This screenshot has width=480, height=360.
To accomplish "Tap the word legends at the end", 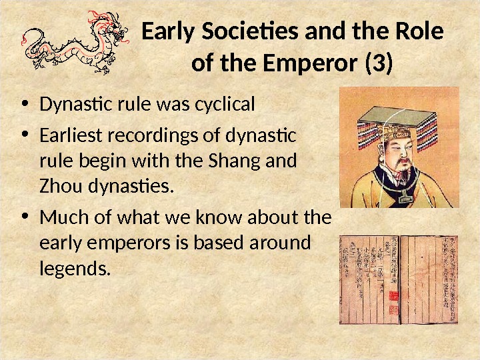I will (x=73, y=269).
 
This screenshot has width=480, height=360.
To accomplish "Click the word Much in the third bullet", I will (x=61, y=218).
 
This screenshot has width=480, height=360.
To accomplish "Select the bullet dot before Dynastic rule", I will (x=25, y=105).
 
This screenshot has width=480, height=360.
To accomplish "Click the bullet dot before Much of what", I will (x=25, y=218).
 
